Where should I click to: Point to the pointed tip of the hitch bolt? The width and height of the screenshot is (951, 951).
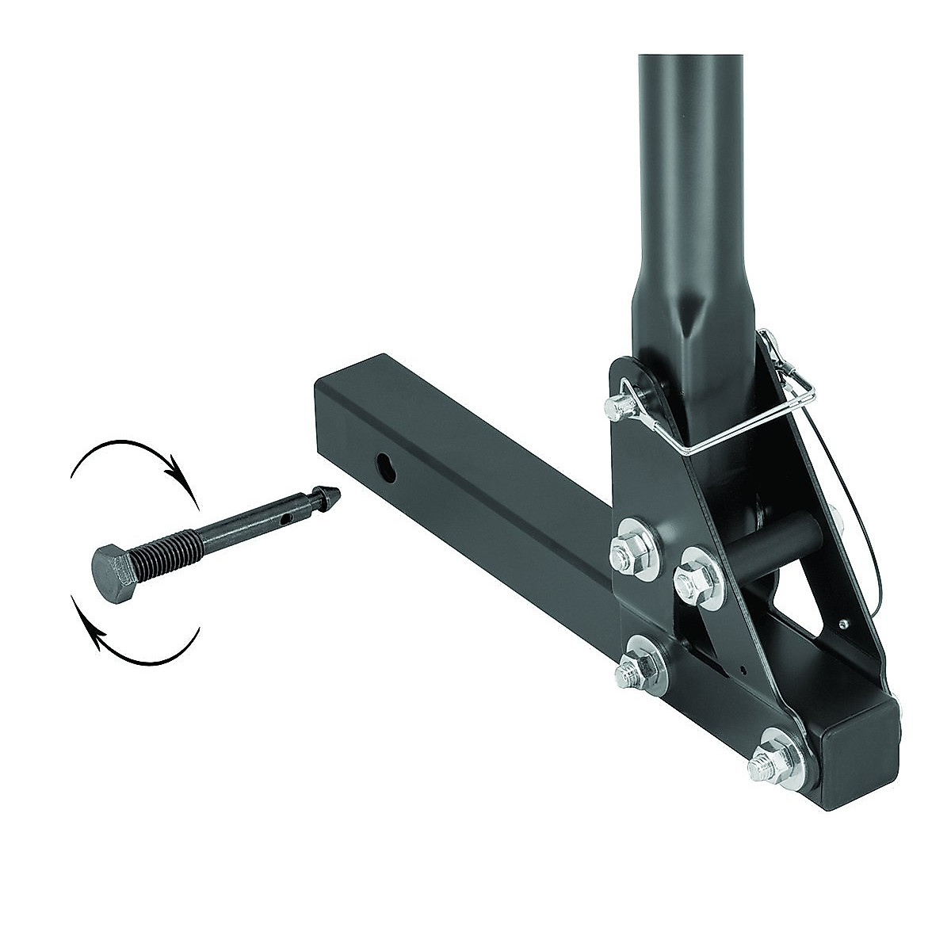pyautogui.click(x=327, y=496)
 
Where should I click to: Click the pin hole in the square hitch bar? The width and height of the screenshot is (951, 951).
pyautogui.click(x=385, y=464)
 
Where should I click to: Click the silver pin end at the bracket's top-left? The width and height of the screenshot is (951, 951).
pyautogui.click(x=617, y=410)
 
